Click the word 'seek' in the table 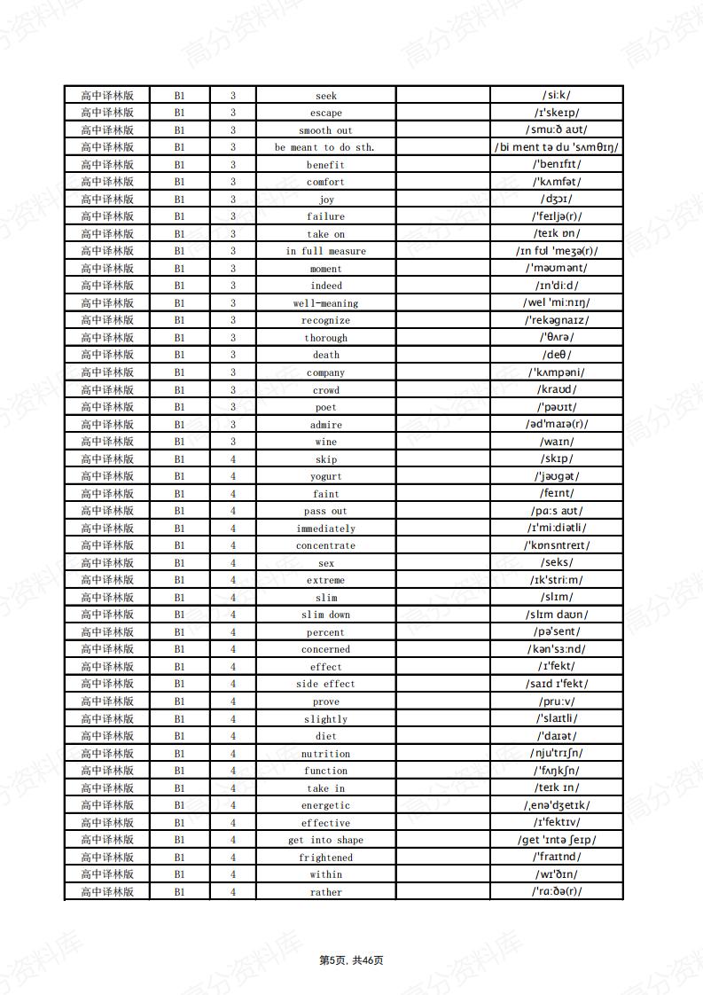(326, 96)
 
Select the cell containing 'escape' (326, 114)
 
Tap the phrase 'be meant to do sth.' (324, 148)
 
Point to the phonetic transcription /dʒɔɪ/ (557, 200)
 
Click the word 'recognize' (325, 321)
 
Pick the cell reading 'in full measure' (325, 252)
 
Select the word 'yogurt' (326, 477)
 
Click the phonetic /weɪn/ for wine (557, 442)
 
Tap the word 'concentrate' (325, 546)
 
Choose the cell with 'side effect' (325, 685)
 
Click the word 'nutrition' (325, 754)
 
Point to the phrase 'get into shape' (325, 841)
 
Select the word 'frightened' (325, 858)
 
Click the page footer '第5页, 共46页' (351, 960)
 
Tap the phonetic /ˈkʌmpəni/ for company (557, 372)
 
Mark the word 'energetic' (325, 806)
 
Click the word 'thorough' (325, 338)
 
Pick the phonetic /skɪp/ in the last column (557, 459)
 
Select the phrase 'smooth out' (325, 130)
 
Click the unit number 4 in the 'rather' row (233, 892)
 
